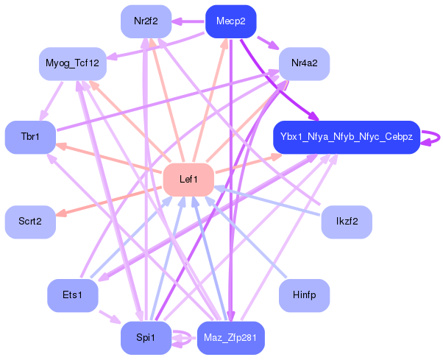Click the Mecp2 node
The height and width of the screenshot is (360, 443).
[x=230, y=21]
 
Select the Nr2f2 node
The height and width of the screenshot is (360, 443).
[x=146, y=21]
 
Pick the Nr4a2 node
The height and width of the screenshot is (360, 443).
[x=304, y=64]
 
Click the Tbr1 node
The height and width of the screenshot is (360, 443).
[x=30, y=138]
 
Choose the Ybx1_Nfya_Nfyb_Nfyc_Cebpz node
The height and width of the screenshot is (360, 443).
[x=346, y=138]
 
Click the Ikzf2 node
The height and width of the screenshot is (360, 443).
[x=347, y=222]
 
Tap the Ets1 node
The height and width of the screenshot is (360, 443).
[x=72, y=296]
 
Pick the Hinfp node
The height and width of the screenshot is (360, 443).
[x=304, y=296]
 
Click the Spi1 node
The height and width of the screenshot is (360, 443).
[x=146, y=338]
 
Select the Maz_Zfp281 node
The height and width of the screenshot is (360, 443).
[x=230, y=338]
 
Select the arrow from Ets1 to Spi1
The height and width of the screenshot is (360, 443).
[x=110, y=317]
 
